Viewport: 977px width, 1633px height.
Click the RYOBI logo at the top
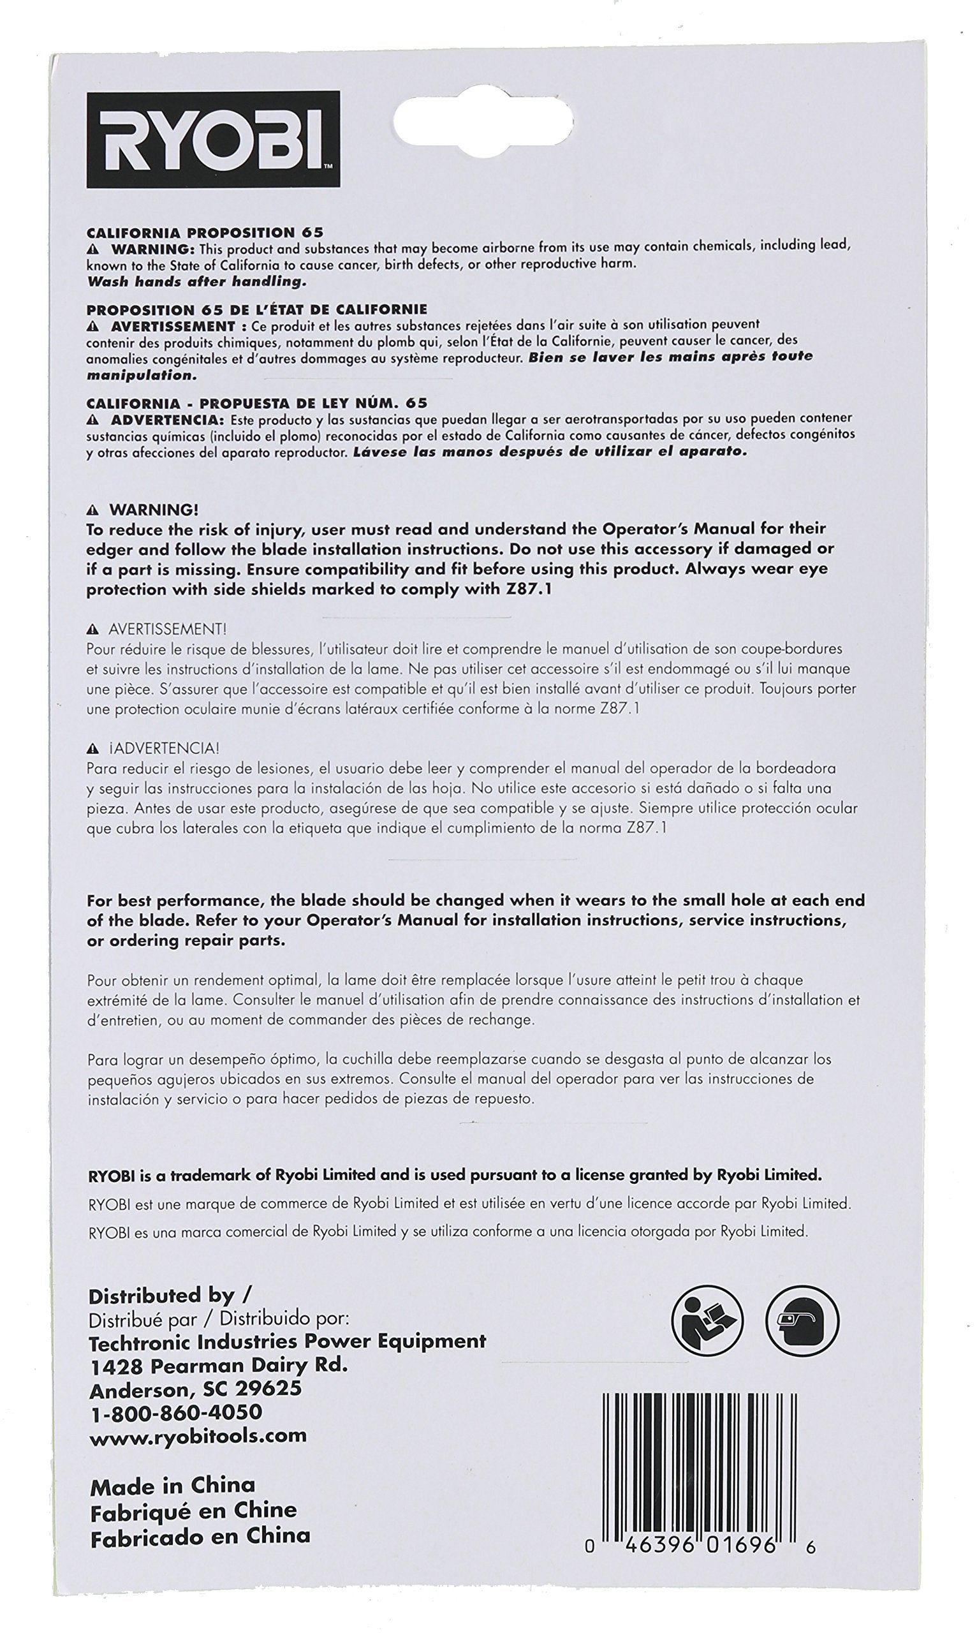pyautogui.click(x=213, y=140)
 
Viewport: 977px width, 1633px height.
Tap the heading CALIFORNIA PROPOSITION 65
pyautogui.click(x=205, y=232)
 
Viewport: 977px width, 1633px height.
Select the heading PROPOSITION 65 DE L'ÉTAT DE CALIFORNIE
pyautogui.click(x=257, y=309)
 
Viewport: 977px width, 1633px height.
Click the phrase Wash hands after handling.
pyautogui.click(x=197, y=281)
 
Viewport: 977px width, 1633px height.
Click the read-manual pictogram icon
pyautogui.click(x=707, y=1320)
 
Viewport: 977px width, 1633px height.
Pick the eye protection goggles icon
pyautogui.click(x=802, y=1320)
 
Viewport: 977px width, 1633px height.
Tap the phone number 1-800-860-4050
pyautogui.click(x=176, y=1412)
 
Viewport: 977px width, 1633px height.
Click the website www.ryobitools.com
pyautogui.click(x=198, y=1435)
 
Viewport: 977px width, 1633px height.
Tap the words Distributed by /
pyautogui.click(x=170, y=1296)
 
